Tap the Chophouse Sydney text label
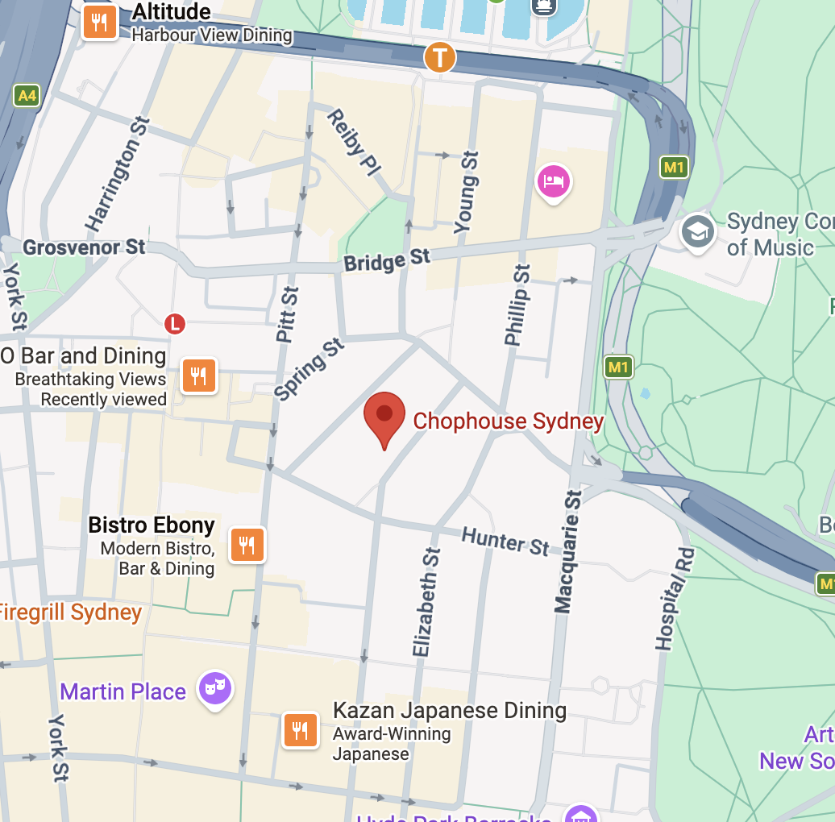coord(508,421)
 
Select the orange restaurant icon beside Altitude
coord(100,22)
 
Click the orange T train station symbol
coord(440,57)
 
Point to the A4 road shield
coord(27,96)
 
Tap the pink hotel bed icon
coord(554,181)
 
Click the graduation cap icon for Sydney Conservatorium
coord(697,232)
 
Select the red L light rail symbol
coord(175,324)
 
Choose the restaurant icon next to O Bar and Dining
coord(198,375)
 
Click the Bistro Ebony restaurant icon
coord(247,545)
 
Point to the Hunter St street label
coord(505,541)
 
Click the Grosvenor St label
coord(84,247)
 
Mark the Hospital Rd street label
coord(674,600)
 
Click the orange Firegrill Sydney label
coord(69,612)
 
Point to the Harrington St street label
coord(118,174)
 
